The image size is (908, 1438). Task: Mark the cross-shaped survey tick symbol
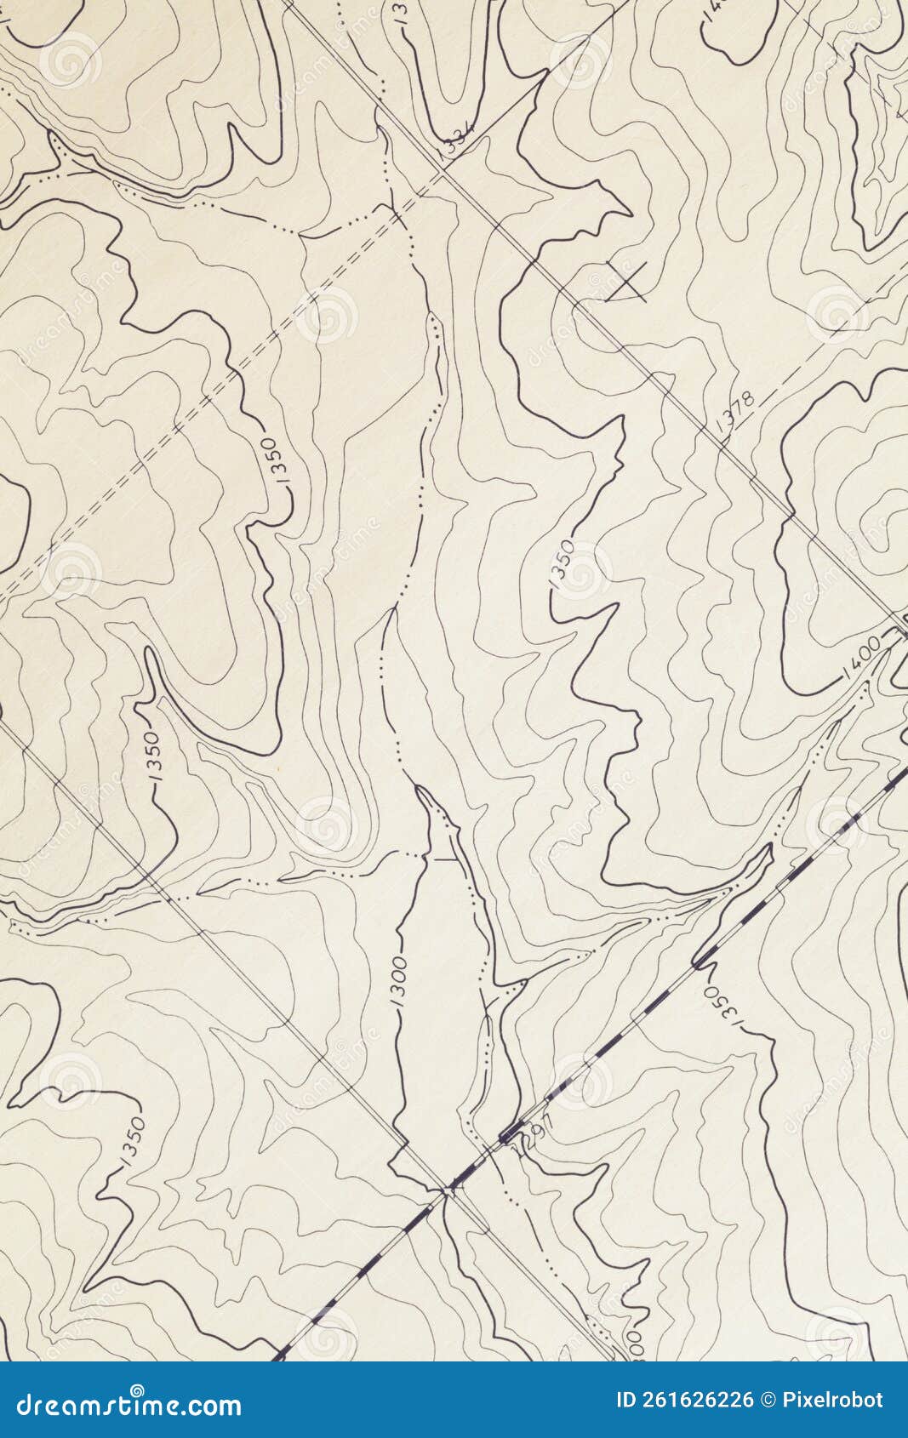click(628, 281)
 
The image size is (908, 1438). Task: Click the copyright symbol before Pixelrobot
click(768, 1400)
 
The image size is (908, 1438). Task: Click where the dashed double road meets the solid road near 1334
click(442, 174)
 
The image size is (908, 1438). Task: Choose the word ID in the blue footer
click(626, 1400)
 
